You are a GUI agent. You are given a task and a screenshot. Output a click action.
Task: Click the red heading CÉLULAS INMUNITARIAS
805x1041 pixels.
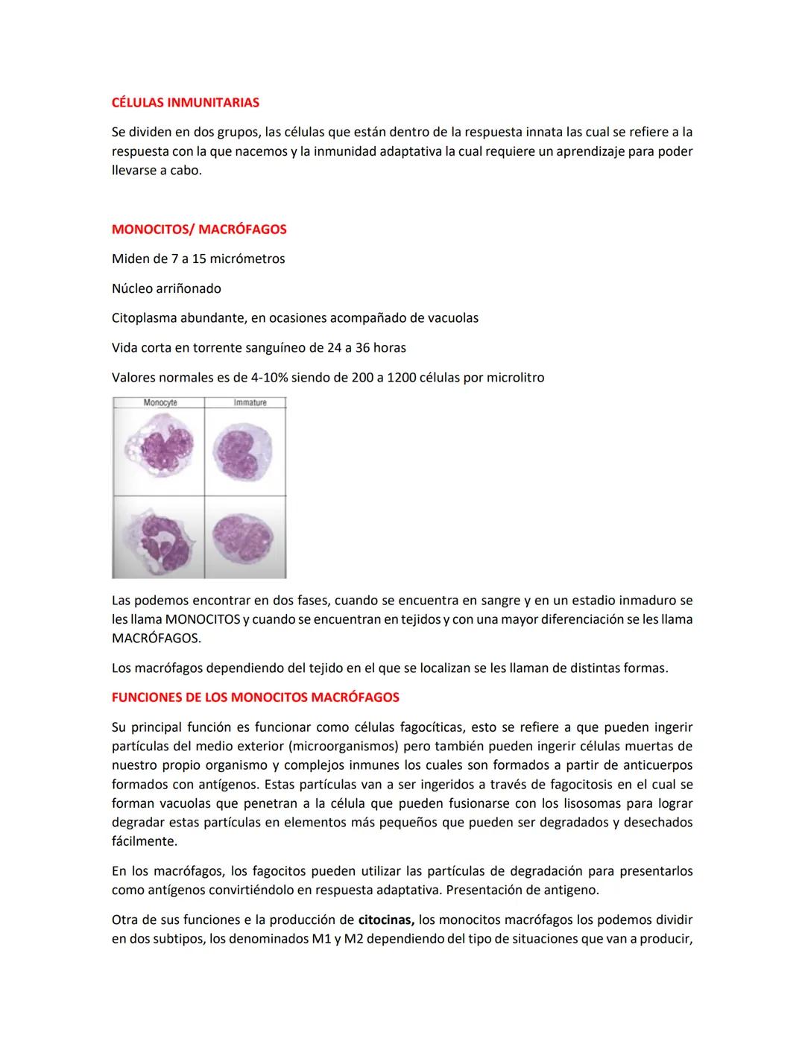click(x=186, y=102)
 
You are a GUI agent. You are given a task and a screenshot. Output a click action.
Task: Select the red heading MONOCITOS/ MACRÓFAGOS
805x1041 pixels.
click(x=199, y=230)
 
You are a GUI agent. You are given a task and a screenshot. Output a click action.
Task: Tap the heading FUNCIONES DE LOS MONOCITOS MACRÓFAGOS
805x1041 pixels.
click(x=255, y=697)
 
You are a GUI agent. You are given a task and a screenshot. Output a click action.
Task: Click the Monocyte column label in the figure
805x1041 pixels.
click(x=160, y=402)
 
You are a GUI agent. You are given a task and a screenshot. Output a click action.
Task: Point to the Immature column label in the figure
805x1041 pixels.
click(x=250, y=402)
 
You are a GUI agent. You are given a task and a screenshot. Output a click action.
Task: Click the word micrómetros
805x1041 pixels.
click(x=247, y=259)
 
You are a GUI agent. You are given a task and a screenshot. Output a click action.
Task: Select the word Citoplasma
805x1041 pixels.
click(x=144, y=318)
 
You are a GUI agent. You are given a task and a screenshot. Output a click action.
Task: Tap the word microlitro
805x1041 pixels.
click(x=515, y=378)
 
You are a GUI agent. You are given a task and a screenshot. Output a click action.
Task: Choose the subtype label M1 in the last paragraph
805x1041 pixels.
click(x=321, y=939)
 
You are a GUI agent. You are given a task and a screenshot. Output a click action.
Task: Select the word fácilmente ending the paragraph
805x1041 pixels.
click(x=144, y=841)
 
